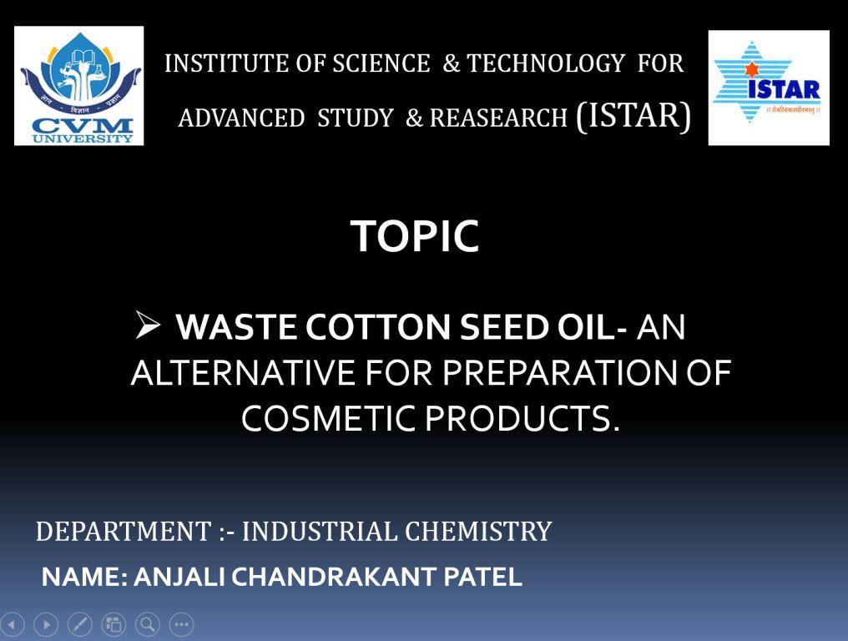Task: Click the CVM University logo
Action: coord(79,85)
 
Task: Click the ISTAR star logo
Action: coord(769,88)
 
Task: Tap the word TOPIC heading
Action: coord(415,236)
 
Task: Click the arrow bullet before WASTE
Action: coord(148,325)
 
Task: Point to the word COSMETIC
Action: coord(328,418)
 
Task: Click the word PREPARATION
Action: coord(560,373)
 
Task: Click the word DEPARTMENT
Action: coord(124,531)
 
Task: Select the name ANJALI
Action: coord(179,577)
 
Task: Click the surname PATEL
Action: coord(482,577)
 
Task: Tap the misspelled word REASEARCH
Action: coord(498,118)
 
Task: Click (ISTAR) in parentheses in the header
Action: coord(633,115)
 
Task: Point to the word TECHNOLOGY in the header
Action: coord(546,63)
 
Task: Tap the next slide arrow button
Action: coord(46,625)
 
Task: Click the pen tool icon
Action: coord(80,625)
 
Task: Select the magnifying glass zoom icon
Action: coord(148,625)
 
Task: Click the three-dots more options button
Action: coord(182,625)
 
